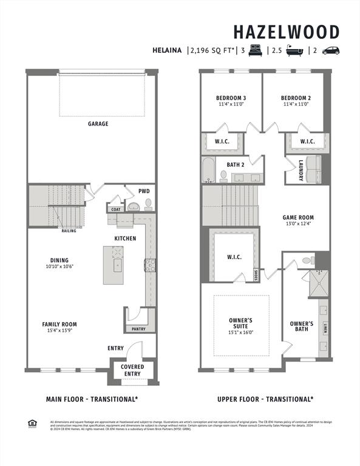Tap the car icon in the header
click(330, 51)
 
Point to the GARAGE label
click(98, 124)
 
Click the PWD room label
click(144, 191)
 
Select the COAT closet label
click(116, 209)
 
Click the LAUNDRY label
click(301, 170)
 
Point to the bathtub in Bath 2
click(208, 170)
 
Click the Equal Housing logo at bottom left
click(32, 423)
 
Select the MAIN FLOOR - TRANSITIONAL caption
click(92, 399)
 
